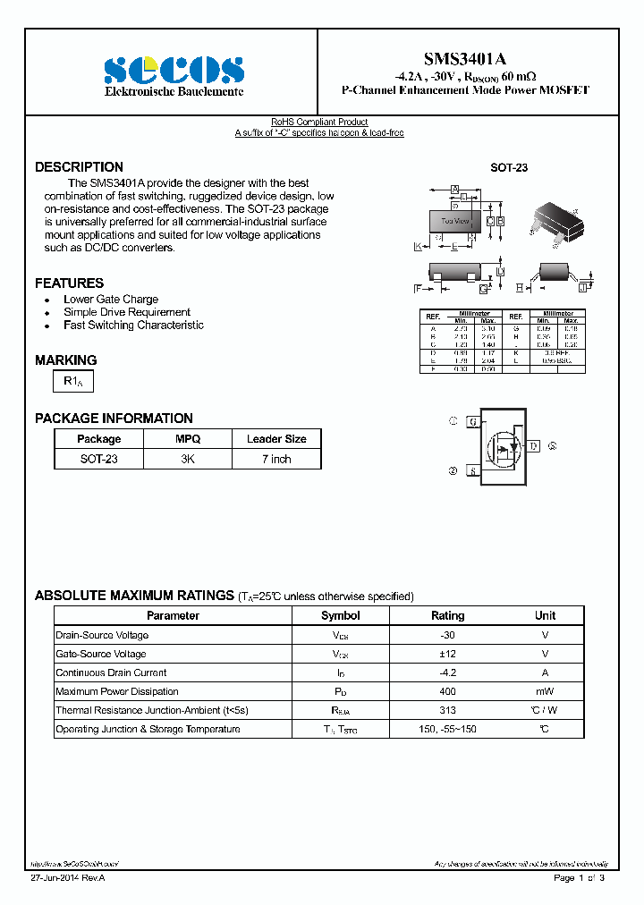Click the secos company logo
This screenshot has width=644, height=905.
(x=173, y=70)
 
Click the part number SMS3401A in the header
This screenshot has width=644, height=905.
(x=466, y=58)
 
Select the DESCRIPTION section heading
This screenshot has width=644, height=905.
(x=79, y=167)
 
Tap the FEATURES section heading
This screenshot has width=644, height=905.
(x=69, y=283)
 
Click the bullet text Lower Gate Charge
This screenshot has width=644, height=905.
(x=111, y=300)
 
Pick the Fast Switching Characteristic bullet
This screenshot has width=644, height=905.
(x=133, y=326)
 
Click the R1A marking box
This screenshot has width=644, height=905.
(x=73, y=382)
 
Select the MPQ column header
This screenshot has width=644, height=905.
(x=188, y=439)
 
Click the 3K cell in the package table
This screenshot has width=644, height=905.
(x=188, y=459)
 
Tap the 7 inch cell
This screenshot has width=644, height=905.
(x=276, y=459)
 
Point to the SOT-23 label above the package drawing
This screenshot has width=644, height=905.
(x=508, y=168)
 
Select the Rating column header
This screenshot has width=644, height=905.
(x=447, y=615)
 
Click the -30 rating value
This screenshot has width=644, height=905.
(x=447, y=635)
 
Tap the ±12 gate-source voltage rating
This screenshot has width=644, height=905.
(x=447, y=654)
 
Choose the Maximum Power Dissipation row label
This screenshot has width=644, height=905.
(x=117, y=691)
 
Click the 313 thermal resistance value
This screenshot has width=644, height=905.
(x=447, y=710)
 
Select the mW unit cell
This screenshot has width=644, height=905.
(x=545, y=691)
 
